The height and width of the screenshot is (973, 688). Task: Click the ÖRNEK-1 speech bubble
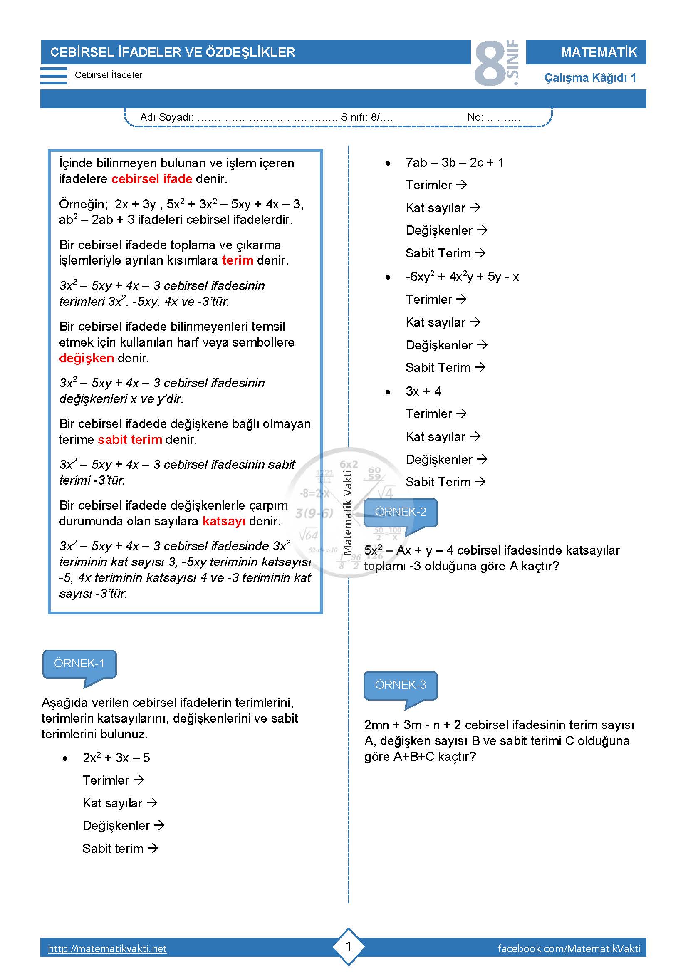click(79, 663)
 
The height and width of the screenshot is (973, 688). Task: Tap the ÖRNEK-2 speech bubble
click(400, 512)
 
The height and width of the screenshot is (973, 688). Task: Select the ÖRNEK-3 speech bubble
click(400, 685)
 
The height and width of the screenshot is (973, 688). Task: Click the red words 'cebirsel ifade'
click(152, 179)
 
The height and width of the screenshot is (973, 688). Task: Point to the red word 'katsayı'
click(224, 521)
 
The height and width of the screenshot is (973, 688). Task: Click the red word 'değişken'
click(87, 358)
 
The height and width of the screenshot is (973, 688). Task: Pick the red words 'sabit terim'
click(130, 439)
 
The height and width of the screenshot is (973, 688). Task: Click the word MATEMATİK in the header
click(599, 52)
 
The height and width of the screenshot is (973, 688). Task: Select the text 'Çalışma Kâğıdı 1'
click(590, 77)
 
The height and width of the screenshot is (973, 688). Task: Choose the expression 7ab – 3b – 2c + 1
click(455, 163)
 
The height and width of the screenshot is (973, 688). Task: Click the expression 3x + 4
click(423, 391)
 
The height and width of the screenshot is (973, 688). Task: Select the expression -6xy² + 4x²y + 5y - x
click(462, 277)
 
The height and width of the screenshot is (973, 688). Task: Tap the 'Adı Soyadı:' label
click(167, 117)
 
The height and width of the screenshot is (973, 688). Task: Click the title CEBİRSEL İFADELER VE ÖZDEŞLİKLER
click(173, 52)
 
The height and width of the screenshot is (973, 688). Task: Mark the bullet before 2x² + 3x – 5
click(65, 758)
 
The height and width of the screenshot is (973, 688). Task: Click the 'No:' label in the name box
click(475, 117)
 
